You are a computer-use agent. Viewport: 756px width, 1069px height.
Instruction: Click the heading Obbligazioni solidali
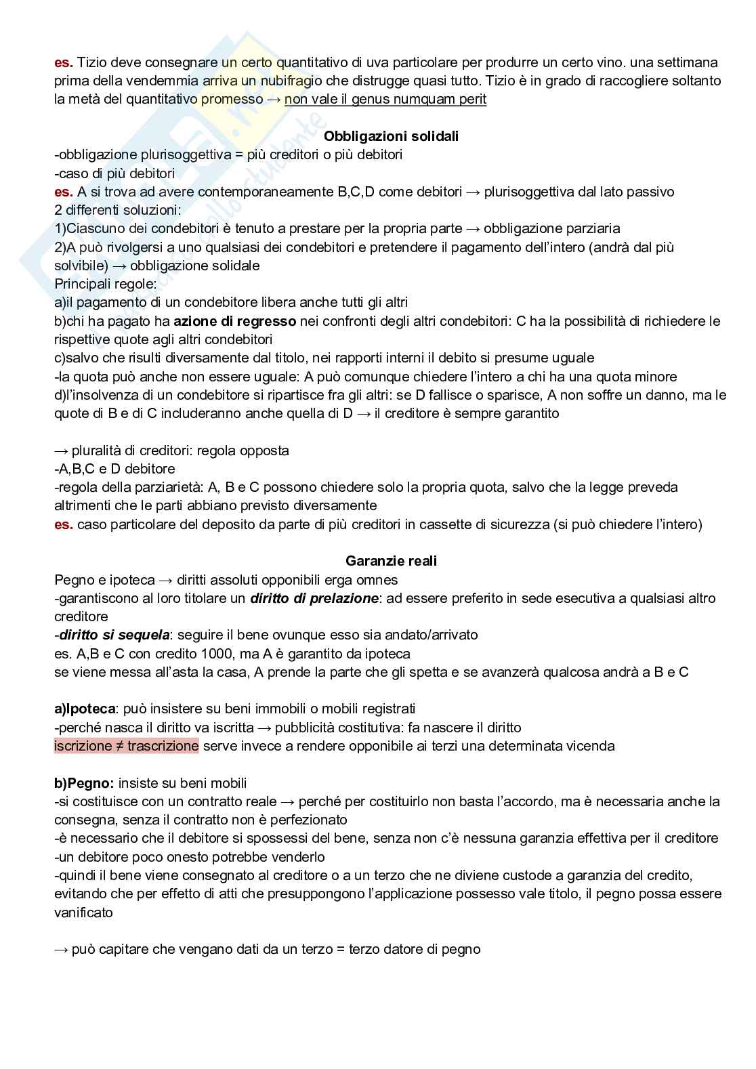coord(391,136)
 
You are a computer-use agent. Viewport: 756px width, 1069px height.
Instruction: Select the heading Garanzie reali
coord(391,561)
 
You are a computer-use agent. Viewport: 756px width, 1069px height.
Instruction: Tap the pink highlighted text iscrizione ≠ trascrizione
coord(127,746)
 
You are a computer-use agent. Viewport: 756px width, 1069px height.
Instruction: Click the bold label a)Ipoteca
coord(83,709)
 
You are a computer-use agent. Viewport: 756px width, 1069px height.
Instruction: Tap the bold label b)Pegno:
coord(84,783)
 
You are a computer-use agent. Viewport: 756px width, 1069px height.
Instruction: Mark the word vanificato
coord(84,913)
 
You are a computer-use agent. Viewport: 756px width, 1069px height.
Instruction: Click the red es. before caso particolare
coord(63,524)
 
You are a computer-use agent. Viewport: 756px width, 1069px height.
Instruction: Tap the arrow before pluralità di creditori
coord(62,450)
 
